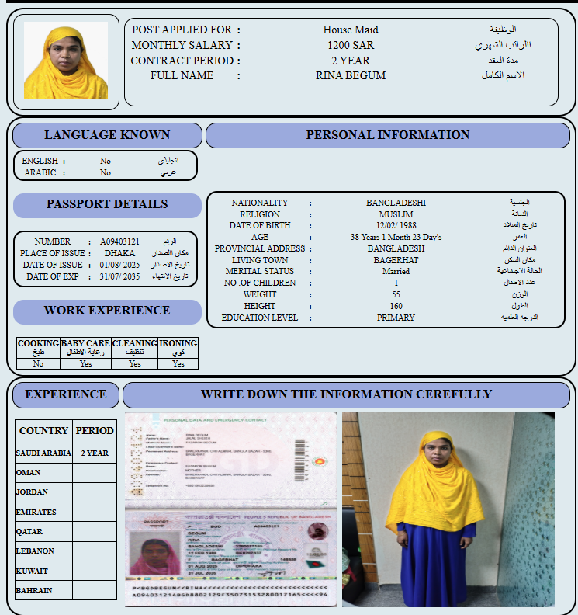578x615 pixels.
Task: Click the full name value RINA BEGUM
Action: (351, 76)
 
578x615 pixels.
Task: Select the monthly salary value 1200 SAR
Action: (351, 45)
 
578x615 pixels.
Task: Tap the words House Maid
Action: (351, 30)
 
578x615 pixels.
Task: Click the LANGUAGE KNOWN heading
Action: (107, 135)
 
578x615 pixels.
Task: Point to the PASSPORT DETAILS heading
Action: (107, 205)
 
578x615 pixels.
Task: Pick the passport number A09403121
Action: (120, 241)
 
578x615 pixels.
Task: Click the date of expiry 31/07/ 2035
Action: (121, 276)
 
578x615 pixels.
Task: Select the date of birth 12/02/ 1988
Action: (396, 226)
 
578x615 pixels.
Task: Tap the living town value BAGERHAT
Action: (396, 260)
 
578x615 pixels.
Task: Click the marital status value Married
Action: (396, 272)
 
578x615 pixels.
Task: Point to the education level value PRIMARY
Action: (396, 318)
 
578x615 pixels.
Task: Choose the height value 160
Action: (396, 306)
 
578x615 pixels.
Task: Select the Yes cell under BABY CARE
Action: (85, 363)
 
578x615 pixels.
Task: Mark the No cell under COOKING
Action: (38, 363)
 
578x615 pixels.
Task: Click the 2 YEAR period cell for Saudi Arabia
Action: (95, 453)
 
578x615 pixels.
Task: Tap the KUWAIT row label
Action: (32, 571)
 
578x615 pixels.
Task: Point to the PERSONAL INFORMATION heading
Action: (387, 135)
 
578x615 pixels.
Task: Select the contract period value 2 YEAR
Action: (351, 61)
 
